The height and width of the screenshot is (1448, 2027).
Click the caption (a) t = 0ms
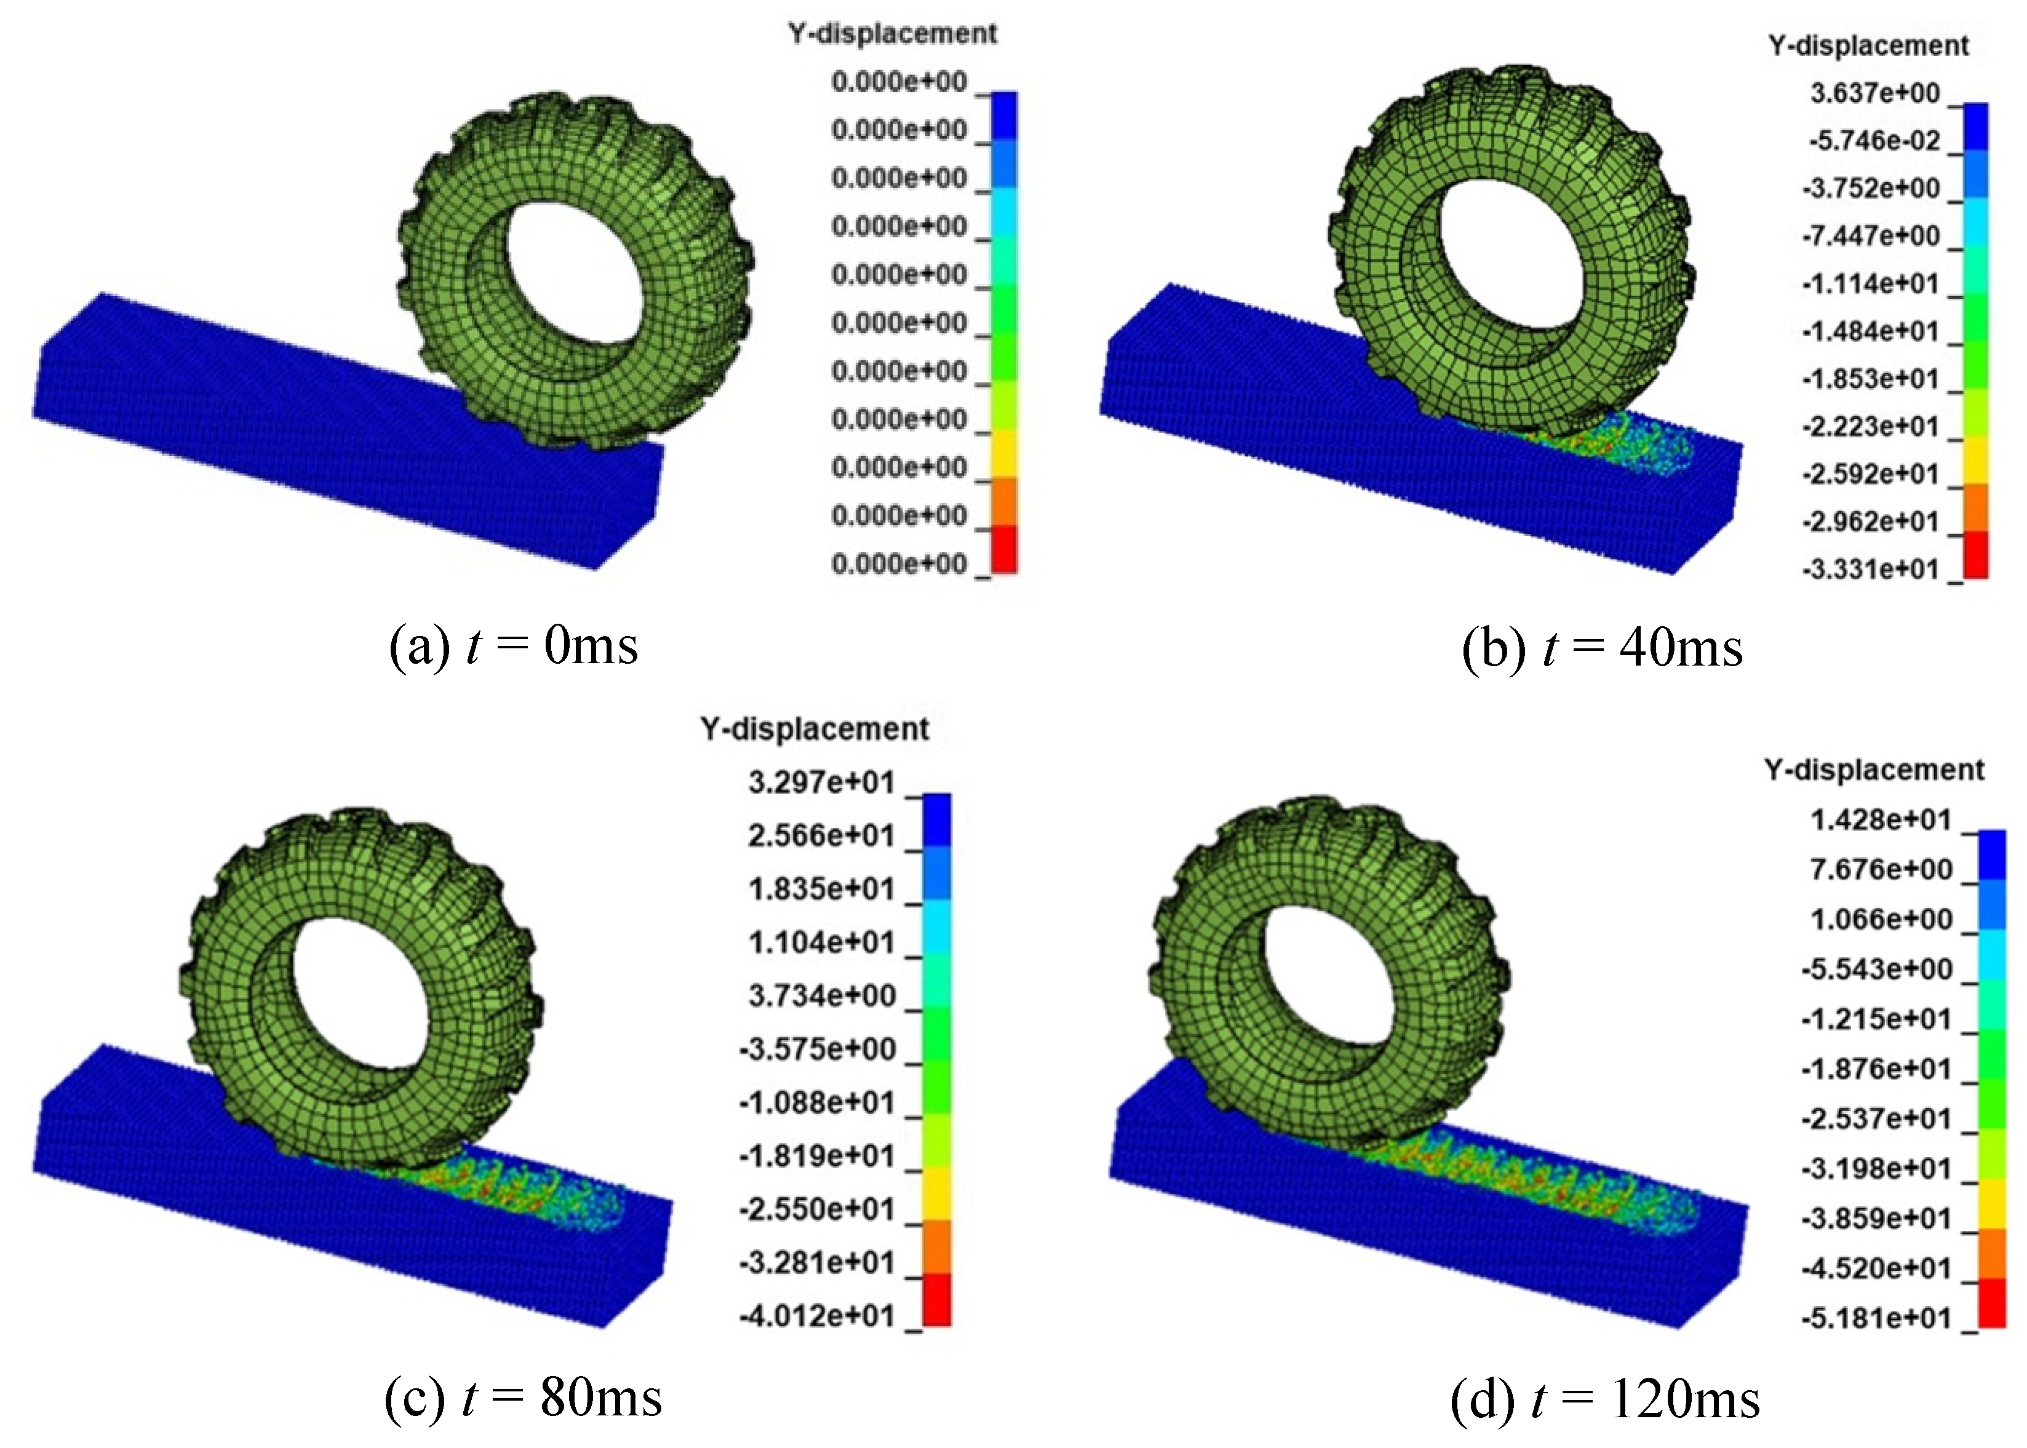pyautogui.click(x=514, y=646)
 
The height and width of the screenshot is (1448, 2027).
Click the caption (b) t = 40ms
pyautogui.click(x=1602, y=648)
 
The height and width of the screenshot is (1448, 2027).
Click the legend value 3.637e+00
pyautogui.click(x=1874, y=93)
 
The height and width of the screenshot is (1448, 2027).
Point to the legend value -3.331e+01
pyautogui.click(x=1870, y=569)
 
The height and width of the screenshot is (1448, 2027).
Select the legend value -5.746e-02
pyautogui.click(x=1874, y=141)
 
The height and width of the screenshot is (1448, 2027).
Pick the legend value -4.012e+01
pyautogui.click(x=816, y=1315)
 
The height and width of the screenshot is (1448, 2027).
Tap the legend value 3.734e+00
pyautogui.click(x=821, y=995)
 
